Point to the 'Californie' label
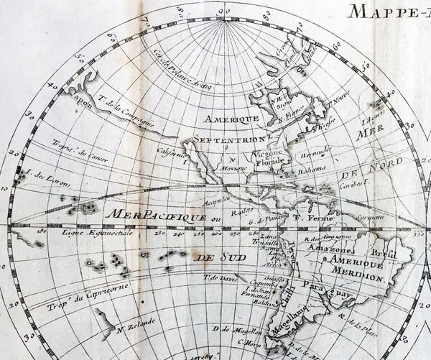173,152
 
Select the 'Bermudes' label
315,150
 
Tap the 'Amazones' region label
329,248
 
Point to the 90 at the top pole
223,11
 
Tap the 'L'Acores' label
373,114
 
